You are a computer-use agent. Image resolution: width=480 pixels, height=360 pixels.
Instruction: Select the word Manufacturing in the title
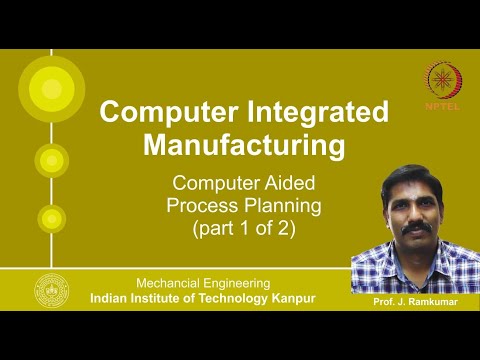[245, 145]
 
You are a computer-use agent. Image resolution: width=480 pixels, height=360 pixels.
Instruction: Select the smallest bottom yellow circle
[49, 217]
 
